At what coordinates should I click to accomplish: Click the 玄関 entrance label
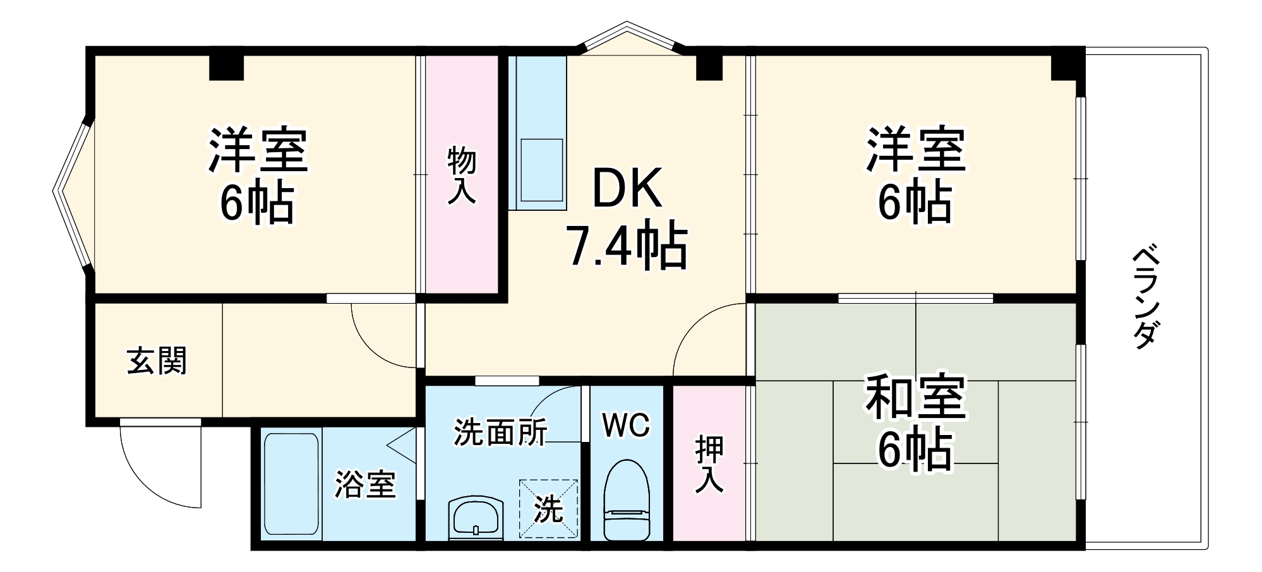tap(157, 360)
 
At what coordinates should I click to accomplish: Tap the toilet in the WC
tap(626, 499)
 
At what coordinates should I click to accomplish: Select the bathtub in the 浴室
tap(291, 484)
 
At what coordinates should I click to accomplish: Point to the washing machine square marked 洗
tap(548, 508)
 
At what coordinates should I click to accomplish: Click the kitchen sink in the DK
tap(541, 170)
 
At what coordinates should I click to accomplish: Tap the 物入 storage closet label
tap(462, 175)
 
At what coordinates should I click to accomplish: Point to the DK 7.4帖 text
tap(627, 217)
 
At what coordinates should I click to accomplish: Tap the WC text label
tap(625, 426)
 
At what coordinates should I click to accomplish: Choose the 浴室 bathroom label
tap(365, 484)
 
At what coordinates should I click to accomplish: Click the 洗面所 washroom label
tap(500, 432)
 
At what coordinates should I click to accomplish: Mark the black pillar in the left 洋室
tap(226, 67)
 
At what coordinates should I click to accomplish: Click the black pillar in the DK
tap(709, 67)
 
